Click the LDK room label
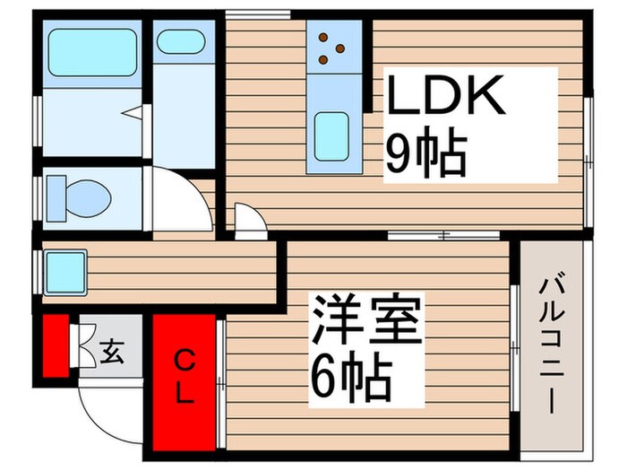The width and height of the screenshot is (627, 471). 445,94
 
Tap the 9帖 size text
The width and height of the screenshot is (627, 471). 425,154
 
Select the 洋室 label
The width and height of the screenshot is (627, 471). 366,318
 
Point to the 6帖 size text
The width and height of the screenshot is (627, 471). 352,378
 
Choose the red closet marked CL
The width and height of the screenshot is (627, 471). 184,380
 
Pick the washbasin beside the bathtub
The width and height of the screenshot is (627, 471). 183,41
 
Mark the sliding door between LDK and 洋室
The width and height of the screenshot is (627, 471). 443,235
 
